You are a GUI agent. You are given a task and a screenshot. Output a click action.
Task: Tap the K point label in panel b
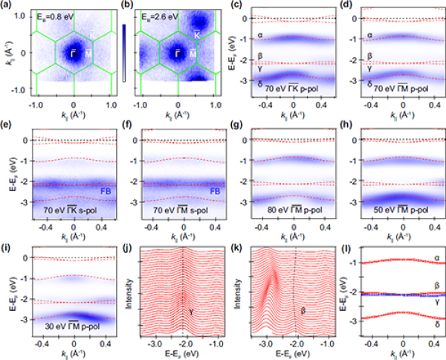(x=198, y=35)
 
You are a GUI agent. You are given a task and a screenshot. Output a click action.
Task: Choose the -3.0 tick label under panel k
(x=267, y=344)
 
